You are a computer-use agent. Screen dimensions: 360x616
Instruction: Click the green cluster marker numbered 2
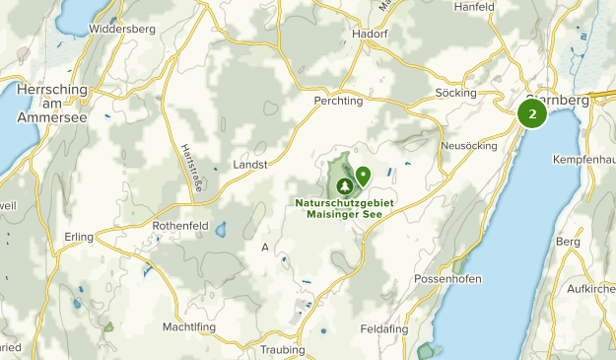click(532, 113)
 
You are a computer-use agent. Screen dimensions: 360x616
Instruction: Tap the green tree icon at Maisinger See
click(345, 184)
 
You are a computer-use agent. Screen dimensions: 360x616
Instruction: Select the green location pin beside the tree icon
click(363, 176)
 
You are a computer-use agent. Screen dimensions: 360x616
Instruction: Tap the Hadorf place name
click(371, 33)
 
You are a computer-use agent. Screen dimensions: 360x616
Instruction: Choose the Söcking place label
click(455, 93)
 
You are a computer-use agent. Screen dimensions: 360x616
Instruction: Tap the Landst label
click(249, 165)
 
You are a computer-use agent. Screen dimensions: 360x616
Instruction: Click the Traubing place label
click(282, 349)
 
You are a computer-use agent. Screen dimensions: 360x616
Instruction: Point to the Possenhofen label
click(447, 279)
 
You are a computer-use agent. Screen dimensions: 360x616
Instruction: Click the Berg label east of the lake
click(568, 241)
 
